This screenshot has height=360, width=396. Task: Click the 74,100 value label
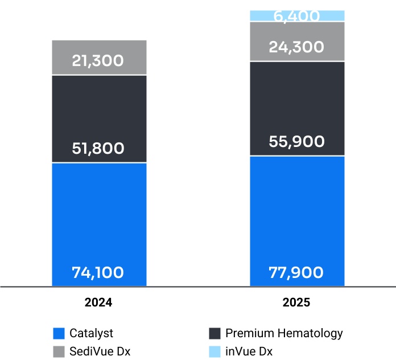(98, 273)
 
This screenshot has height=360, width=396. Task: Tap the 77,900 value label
(296, 273)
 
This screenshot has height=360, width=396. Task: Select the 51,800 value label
(98, 149)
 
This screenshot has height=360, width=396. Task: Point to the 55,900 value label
(296, 142)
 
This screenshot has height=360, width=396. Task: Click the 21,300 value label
(98, 60)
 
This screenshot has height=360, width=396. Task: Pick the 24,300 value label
(296, 47)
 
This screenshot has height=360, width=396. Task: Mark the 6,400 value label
(296, 17)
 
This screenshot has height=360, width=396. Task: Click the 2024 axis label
(98, 302)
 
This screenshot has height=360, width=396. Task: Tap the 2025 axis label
(296, 302)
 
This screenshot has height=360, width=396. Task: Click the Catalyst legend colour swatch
(58, 333)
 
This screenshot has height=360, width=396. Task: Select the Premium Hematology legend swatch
(214, 333)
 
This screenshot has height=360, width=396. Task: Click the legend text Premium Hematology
(284, 333)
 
